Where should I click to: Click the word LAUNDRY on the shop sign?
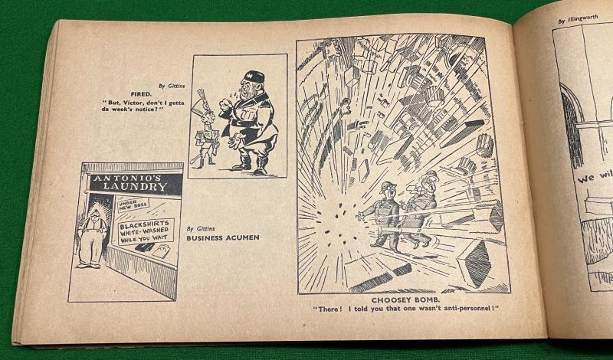pyautogui.click(x=136, y=186)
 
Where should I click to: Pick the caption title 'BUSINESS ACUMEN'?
pyautogui.click(x=223, y=238)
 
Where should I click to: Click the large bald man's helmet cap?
pyautogui.click(x=253, y=77)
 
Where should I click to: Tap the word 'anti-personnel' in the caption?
pyautogui.click(x=461, y=309)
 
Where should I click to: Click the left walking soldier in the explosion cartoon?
pyautogui.click(x=385, y=214)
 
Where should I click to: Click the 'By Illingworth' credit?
pyautogui.click(x=579, y=17)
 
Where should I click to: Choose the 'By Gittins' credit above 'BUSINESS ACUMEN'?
pyautogui.click(x=201, y=228)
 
